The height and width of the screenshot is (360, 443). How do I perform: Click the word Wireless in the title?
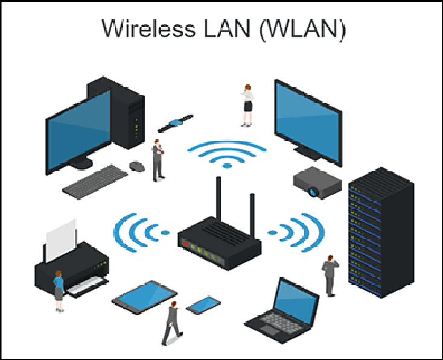[148, 28]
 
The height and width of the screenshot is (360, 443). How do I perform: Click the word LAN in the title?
[227, 28]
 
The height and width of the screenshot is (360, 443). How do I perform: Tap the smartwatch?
[176, 123]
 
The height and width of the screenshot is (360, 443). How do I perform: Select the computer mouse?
[137, 166]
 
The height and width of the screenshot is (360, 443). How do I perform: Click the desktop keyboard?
[95, 182]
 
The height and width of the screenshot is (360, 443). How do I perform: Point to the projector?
[317, 183]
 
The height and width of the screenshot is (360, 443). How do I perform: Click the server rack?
[381, 232]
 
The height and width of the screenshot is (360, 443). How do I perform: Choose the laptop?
[282, 310]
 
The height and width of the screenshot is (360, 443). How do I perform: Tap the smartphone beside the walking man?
[203, 305]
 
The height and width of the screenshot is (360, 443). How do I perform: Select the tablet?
[145, 297]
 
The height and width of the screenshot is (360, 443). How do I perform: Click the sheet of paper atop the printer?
[61, 239]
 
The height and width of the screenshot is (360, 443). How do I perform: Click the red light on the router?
[186, 243]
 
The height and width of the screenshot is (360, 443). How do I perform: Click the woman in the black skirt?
[247, 106]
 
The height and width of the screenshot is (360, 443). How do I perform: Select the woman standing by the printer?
[59, 291]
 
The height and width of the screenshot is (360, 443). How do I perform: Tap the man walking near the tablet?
[173, 323]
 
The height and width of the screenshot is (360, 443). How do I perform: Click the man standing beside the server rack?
[330, 276]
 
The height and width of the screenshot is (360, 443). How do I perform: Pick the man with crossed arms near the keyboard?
[158, 160]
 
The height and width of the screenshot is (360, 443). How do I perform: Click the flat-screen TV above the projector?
[308, 122]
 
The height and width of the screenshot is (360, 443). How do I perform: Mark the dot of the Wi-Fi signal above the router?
[227, 166]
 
